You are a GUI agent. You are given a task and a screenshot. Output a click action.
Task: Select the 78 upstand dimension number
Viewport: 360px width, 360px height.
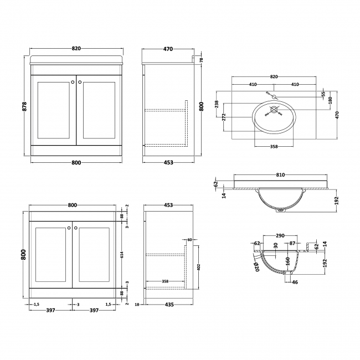point(202,60)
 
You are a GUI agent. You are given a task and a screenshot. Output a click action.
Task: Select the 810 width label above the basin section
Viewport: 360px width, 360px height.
point(280,175)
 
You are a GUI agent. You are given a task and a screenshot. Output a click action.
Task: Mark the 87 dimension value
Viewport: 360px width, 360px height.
point(292,243)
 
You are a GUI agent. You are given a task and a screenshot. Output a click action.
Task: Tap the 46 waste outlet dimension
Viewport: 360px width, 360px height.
point(294,282)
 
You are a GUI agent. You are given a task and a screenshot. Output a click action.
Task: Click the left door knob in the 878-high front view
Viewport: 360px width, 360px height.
point(73,83)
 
